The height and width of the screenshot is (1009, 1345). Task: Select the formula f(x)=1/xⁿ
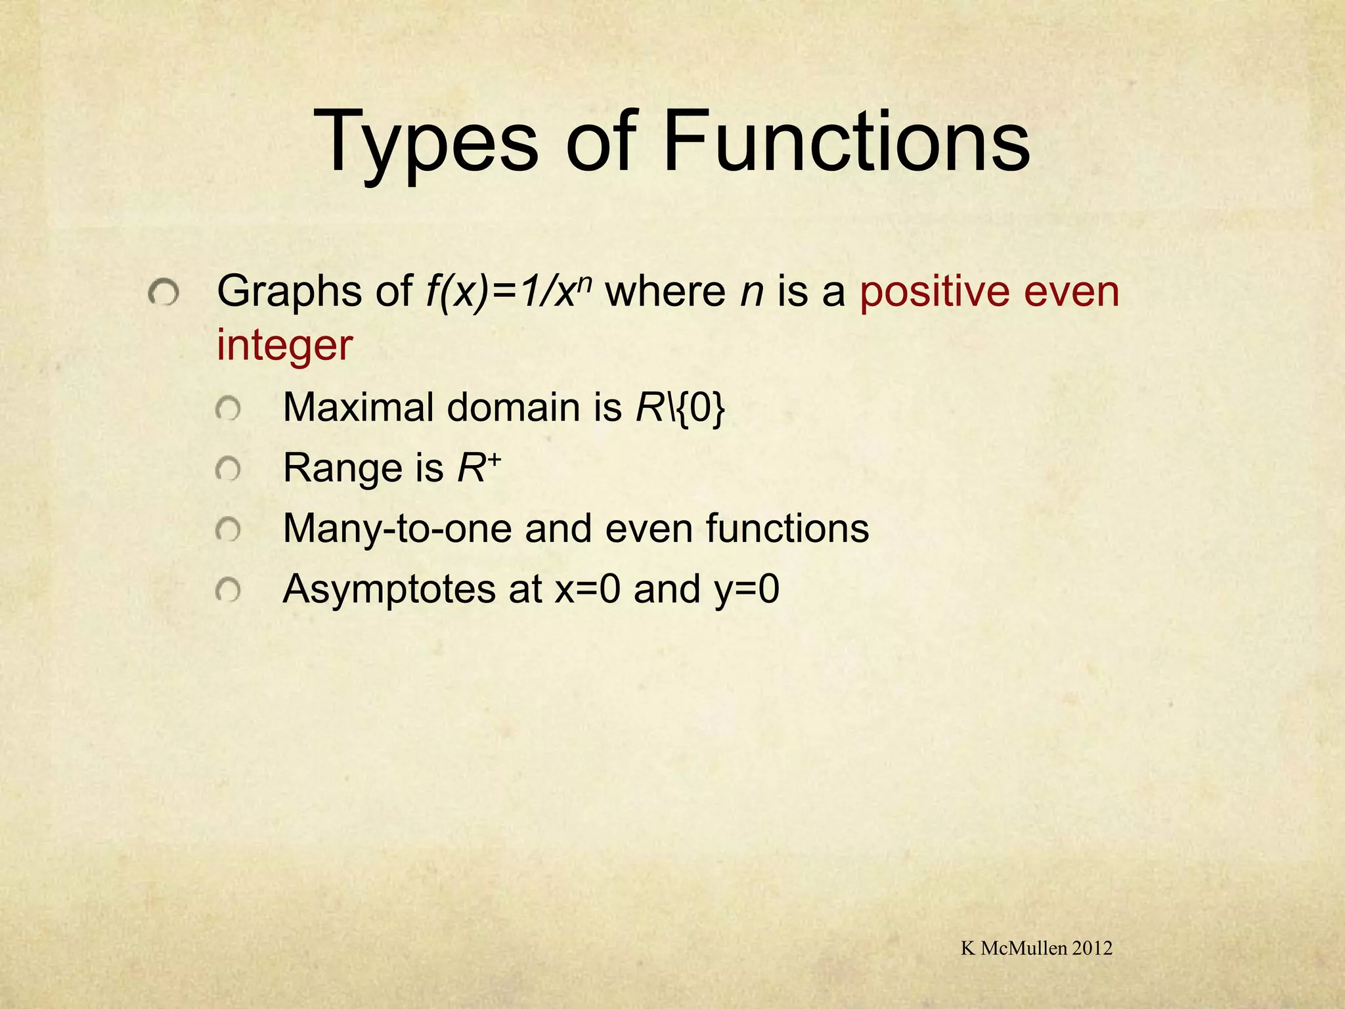[x=510, y=292]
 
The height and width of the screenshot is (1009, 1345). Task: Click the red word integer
[x=284, y=346]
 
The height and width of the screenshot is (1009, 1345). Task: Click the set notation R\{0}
[x=680, y=408]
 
